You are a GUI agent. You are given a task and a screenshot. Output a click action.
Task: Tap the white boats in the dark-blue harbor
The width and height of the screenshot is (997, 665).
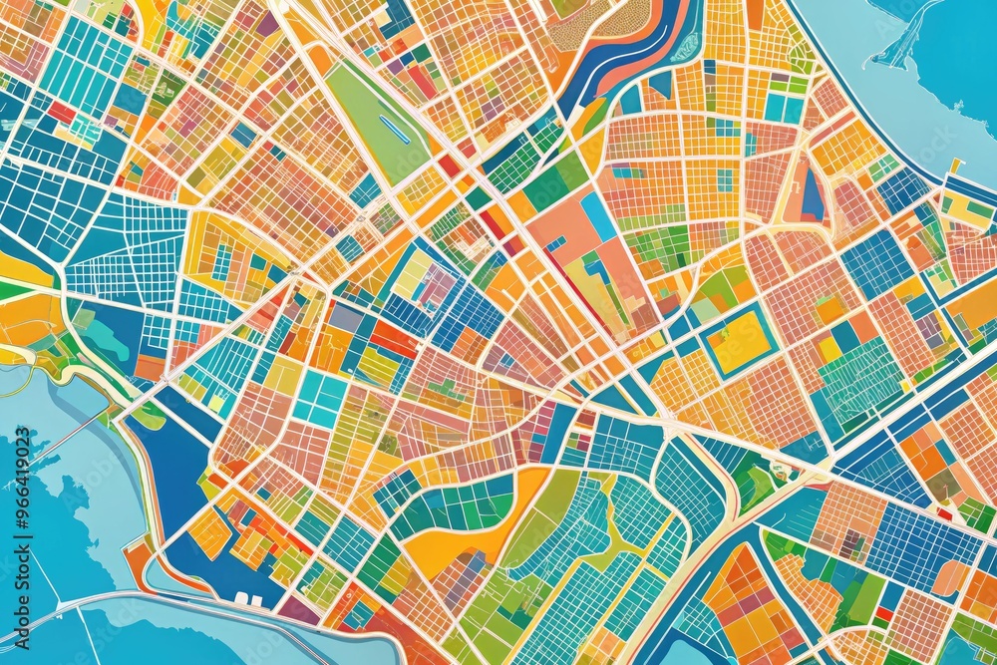click(x=249, y=601)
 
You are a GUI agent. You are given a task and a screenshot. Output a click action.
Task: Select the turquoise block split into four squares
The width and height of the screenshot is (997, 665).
click(x=321, y=400)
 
